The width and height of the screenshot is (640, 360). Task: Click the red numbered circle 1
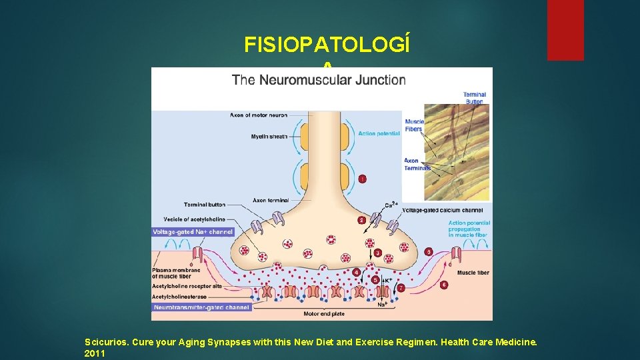(x=362, y=179)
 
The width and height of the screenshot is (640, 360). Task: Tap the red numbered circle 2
(x=361, y=220)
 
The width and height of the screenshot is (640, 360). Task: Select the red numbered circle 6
(x=444, y=285)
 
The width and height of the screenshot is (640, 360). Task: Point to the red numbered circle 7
(x=401, y=288)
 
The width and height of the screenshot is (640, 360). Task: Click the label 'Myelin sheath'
(x=269, y=137)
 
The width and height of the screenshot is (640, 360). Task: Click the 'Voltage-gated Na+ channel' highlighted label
(x=193, y=232)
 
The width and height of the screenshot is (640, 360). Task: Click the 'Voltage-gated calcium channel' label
(x=442, y=211)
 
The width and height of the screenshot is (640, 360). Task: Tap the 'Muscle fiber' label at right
(x=473, y=273)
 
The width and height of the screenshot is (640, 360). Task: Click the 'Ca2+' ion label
(x=392, y=205)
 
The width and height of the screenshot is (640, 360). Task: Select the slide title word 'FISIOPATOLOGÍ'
(x=327, y=45)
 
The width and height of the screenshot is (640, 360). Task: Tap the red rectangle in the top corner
(x=565, y=30)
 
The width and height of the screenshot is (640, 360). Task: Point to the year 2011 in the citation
(x=95, y=353)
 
